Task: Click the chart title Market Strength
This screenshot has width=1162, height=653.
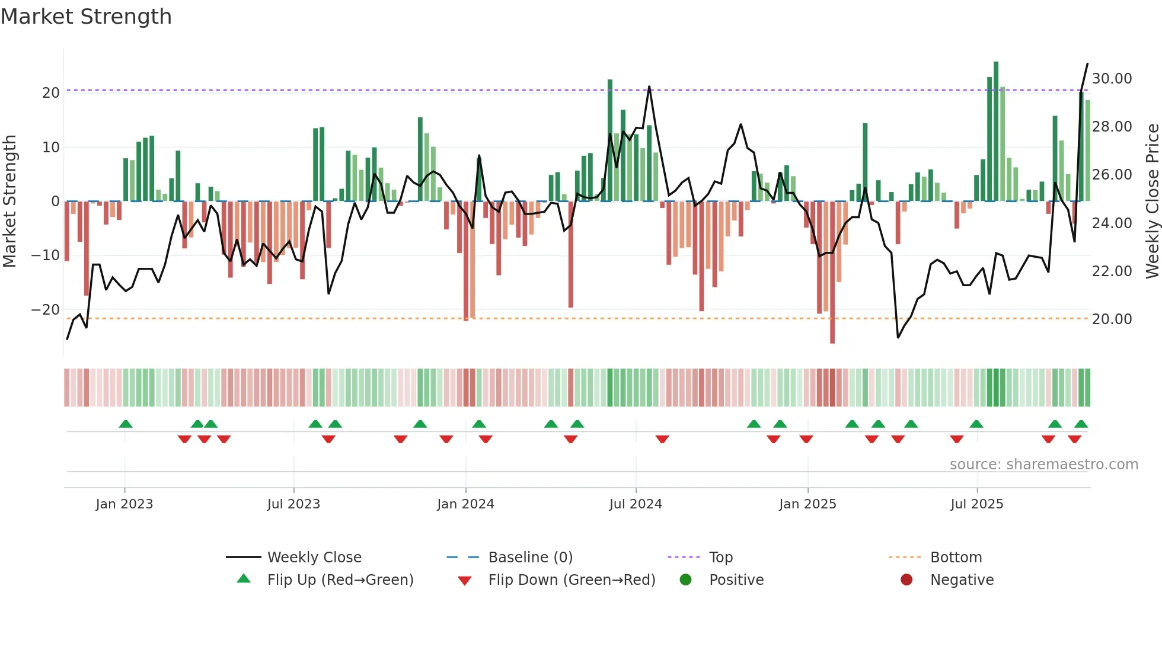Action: (x=86, y=17)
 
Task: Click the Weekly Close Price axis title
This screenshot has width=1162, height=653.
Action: (x=1152, y=201)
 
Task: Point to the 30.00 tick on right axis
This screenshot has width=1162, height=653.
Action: (x=1112, y=79)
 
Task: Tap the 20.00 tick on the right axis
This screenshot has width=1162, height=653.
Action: (x=1112, y=319)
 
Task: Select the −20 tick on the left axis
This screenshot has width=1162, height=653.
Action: (x=46, y=310)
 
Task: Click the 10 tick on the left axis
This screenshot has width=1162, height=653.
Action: (x=51, y=148)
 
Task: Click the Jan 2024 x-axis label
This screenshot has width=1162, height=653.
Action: (x=465, y=504)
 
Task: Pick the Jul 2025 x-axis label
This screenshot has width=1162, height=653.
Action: (x=976, y=504)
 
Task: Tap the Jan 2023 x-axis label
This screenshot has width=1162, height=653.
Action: (x=124, y=504)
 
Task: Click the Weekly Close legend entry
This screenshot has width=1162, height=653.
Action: (x=314, y=558)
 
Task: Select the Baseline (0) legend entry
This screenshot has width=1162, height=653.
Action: (x=530, y=558)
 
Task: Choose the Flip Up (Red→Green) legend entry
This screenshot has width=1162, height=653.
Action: (x=340, y=580)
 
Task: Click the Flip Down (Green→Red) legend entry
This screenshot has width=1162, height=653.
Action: (x=572, y=580)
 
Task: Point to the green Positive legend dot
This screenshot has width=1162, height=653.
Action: (x=686, y=580)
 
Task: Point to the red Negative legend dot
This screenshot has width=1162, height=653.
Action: (x=906, y=580)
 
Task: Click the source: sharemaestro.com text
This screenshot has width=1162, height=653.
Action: (x=1043, y=465)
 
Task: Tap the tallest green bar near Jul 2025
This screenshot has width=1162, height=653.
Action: (x=996, y=130)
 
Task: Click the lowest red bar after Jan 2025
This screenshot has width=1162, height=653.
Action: (x=832, y=273)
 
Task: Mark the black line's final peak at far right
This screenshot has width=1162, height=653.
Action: (x=1087, y=64)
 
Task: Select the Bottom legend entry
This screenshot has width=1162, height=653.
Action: (x=956, y=558)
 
